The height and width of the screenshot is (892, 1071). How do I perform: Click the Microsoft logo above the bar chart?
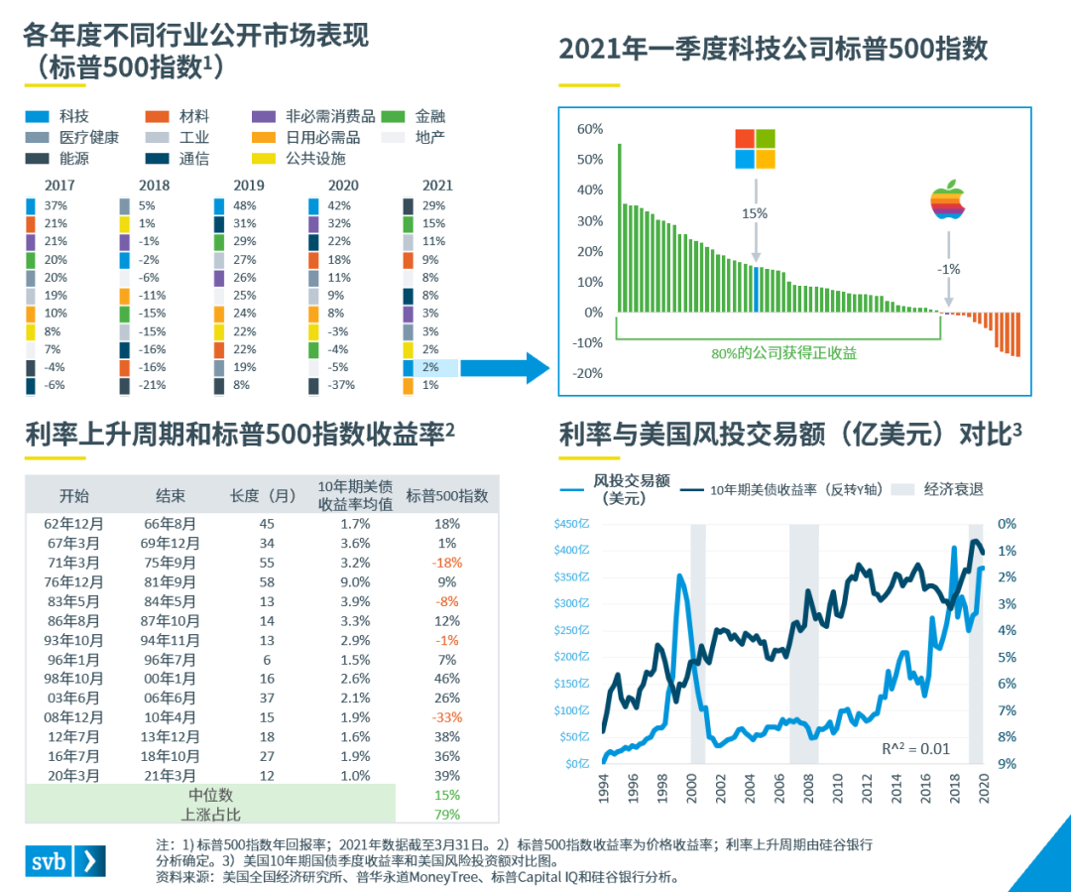[x=755, y=149]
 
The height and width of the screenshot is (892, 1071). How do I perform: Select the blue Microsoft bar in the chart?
[x=756, y=289]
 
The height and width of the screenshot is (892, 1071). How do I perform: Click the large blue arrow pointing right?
[x=505, y=368]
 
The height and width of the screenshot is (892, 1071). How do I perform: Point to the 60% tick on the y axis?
[x=589, y=129]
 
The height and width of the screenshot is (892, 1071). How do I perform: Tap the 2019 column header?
[x=249, y=185]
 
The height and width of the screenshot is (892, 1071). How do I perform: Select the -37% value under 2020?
[x=341, y=385]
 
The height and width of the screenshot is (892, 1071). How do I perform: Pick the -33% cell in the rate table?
[x=446, y=717]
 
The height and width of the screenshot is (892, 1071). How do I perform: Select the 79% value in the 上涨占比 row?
[x=446, y=815]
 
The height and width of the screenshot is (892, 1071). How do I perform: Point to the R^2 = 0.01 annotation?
[x=915, y=747]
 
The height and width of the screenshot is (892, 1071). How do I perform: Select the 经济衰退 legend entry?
[x=954, y=489]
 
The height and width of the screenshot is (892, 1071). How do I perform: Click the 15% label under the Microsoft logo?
[x=755, y=212]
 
